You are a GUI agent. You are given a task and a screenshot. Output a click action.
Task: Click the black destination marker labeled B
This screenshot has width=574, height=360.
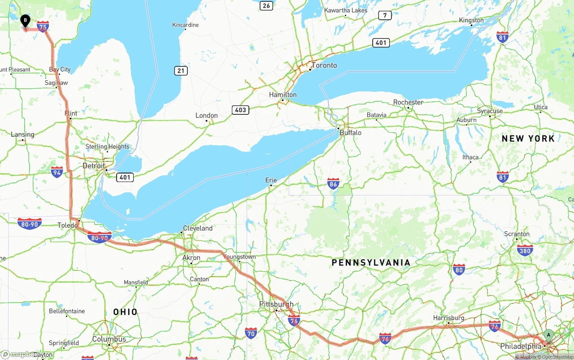(x=26, y=21)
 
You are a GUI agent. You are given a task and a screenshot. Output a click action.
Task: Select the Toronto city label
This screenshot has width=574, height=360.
(x=324, y=65)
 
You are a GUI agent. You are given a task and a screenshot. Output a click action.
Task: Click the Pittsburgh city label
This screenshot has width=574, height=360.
(x=276, y=304)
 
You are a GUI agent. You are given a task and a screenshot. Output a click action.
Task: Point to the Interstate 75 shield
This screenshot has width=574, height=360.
(x=43, y=27)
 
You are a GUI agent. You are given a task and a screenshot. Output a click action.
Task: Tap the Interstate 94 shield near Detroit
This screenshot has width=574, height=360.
(x=57, y=172)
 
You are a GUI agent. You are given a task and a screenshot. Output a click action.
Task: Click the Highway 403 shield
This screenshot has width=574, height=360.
(x=241, y=110)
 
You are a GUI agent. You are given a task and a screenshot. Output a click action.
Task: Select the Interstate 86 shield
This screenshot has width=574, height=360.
(x=333, y=183)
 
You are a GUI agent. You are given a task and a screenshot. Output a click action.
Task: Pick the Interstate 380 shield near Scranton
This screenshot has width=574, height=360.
(x=525, y=250)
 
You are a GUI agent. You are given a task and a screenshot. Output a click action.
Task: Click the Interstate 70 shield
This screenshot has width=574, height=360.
(x=251, y=333)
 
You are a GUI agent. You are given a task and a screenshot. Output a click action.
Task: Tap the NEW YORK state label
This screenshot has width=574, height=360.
(x=528, y=139)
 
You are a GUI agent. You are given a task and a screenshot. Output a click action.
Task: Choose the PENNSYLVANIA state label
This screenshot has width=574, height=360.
(x=371, y=263)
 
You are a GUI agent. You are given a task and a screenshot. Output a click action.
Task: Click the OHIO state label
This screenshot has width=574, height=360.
(x=125, y=312)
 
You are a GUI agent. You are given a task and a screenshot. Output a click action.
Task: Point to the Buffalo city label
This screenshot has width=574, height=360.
(x=350, y=133)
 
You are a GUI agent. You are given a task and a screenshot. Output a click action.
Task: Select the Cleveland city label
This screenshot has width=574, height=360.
(x=198, y=228)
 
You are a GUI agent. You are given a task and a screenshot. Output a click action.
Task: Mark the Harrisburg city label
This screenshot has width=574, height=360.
(x=448, y=318)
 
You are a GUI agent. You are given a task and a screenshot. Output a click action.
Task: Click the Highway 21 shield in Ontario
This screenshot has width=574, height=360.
(x=181, y=71)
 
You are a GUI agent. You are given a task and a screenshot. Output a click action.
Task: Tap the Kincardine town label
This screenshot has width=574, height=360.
(x=185, y=25)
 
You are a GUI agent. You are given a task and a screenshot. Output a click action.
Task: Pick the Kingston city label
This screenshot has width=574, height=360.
(x=471, y=20)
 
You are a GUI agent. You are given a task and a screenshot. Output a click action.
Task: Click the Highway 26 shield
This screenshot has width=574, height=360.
(x=267, y=5)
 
